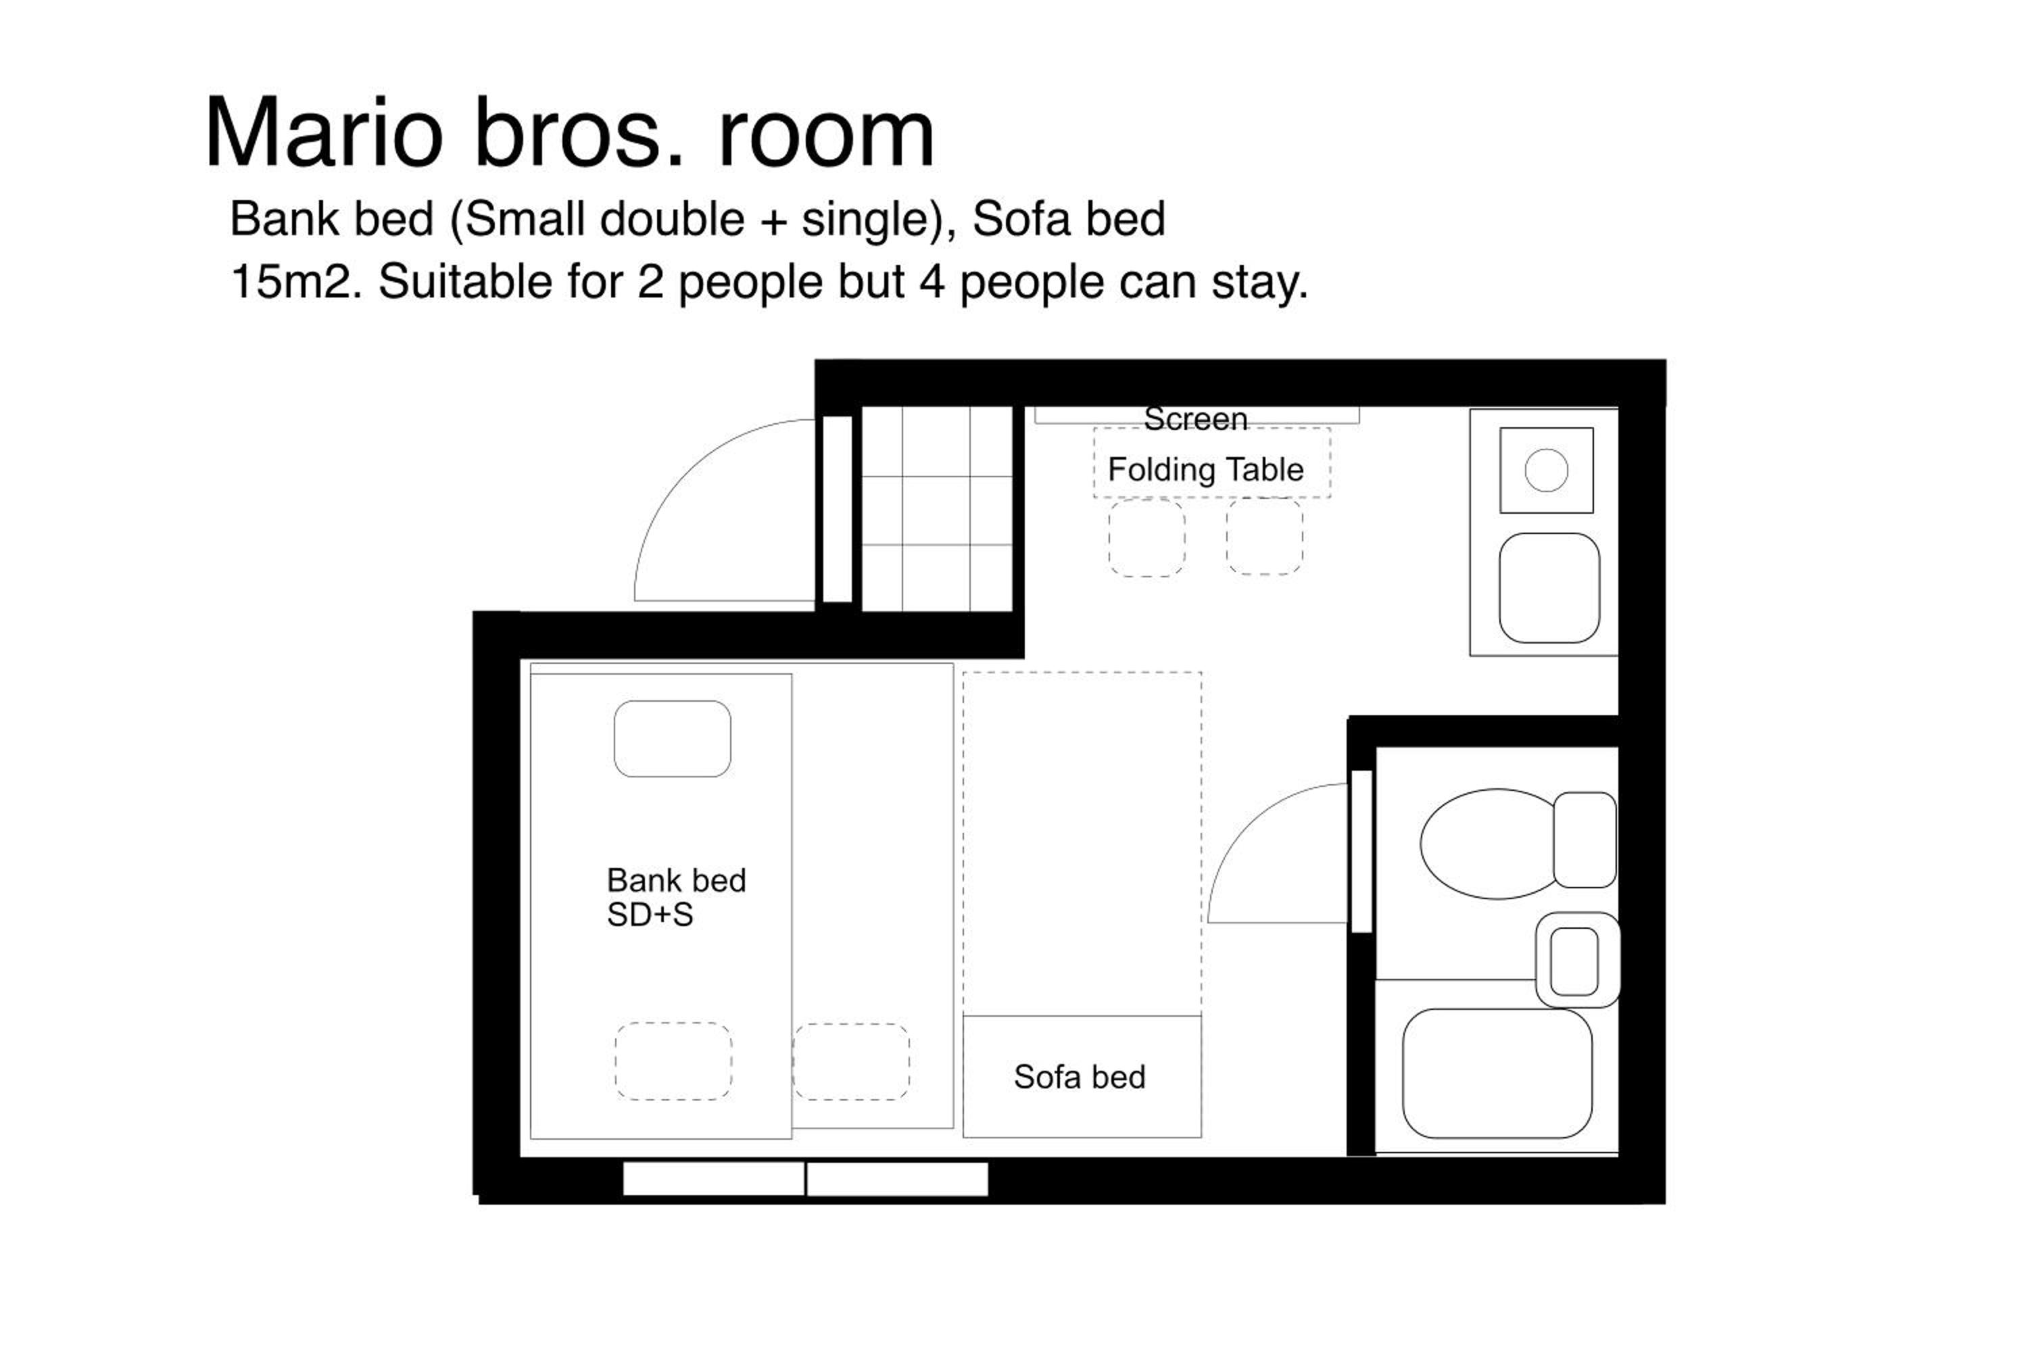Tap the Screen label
(1195, 419)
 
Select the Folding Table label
(1205, 470)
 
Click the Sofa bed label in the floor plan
(1080, 1077)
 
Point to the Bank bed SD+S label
(676, 898)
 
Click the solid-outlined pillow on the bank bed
(673, 739)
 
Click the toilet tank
(1585, 840)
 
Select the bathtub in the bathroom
(1498, 1073)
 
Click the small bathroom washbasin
(1578, 960)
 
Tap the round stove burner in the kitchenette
(1546, 470)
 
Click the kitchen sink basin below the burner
(1549, 588)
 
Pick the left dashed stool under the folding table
(1146, 538)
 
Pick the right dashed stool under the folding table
(1265, 536)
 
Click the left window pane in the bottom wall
(713, 1179)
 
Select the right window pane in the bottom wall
(898, 1179)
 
